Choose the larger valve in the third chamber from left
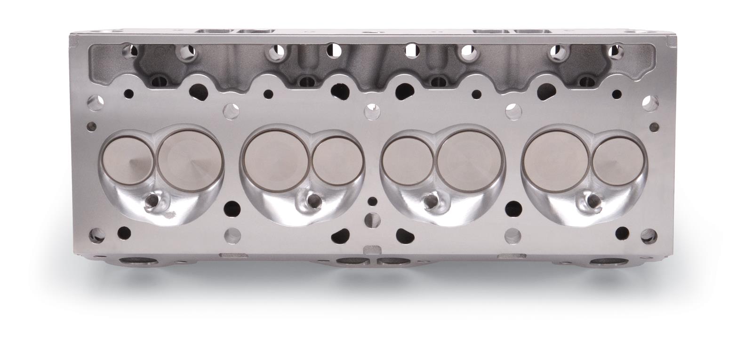(470, 156)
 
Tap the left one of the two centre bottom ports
(352, 261)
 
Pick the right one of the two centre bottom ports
(392, 261)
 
